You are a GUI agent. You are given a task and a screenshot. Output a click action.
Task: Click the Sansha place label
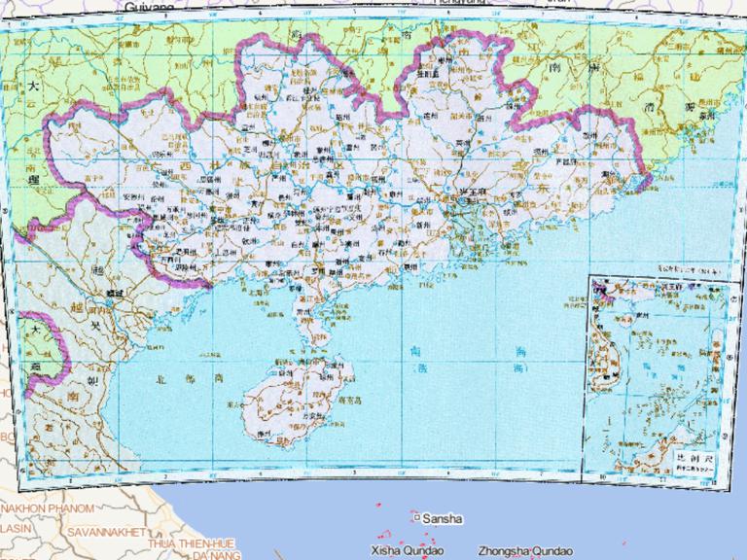[443, 519]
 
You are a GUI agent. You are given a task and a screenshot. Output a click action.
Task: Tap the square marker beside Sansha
[416, 518]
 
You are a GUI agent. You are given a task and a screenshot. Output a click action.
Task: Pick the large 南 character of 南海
[415, 347]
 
